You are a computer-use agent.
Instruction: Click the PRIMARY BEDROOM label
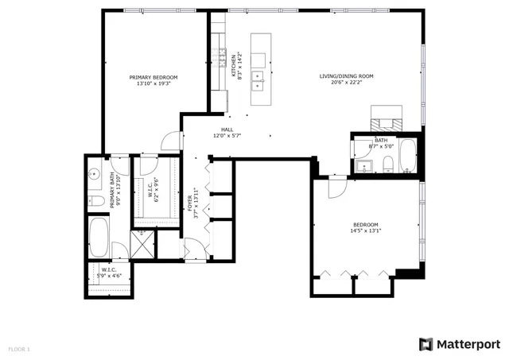pos(153,77)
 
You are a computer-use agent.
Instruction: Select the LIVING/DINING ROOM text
pos(346,77)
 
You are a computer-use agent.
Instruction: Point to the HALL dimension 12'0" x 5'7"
pos(227,136)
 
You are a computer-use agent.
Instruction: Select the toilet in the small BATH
pos(387,164)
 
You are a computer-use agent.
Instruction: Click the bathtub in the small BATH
pos(407,156)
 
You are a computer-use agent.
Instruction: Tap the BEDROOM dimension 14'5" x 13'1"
pos(365,231)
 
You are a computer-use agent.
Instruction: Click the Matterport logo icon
pos(426,343)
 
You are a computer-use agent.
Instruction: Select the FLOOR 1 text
pos(19,349)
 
